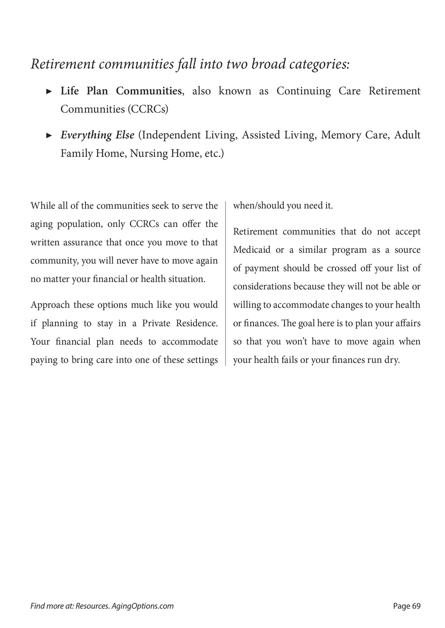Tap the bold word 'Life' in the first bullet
click(70, 91)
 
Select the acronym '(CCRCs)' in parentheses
click(148, 109)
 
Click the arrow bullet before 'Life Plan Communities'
click(49, 91)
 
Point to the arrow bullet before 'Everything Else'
click(49, 136)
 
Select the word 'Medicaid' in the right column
click(252, 250)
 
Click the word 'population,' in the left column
click(80, 224)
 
